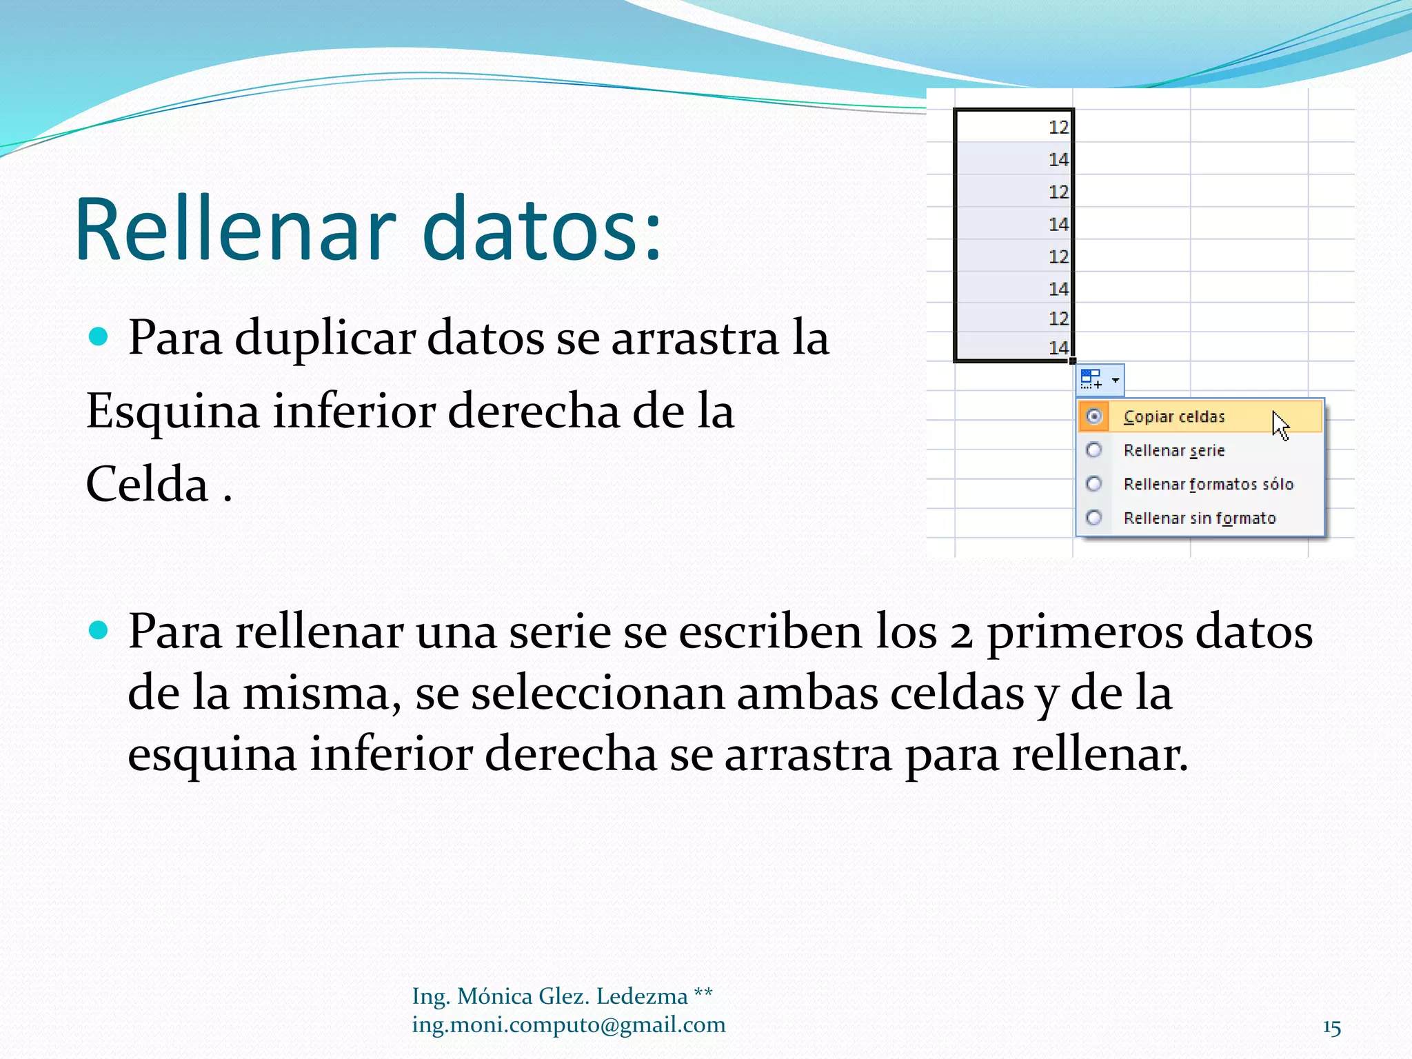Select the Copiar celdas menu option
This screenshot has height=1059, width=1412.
coord(1173,417)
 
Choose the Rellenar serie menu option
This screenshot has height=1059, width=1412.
coord(1173,451)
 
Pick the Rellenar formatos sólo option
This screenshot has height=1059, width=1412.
coord(1208,485)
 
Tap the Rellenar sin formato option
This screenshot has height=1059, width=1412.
coord(1199,518)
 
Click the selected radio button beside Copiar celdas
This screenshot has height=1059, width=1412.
coord(1094,416)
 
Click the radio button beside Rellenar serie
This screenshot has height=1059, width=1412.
coord(1094,450)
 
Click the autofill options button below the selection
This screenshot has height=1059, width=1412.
coord(1100,379)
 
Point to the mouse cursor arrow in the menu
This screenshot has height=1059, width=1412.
coord(1280,424)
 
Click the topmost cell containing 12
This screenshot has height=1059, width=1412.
coord(1013,127)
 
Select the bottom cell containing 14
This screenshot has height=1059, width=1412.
coord(1013,347)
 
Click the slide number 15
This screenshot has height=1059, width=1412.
coord(1331,1028)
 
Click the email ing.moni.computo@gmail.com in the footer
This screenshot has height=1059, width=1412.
coord(568,1025)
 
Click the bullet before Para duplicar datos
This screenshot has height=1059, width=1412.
coord(99,337)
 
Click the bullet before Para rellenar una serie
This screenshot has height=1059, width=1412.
coord(99,630)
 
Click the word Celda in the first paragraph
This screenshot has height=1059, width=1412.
coord(147,485)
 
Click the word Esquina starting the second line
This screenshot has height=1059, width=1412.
coord(172,412)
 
